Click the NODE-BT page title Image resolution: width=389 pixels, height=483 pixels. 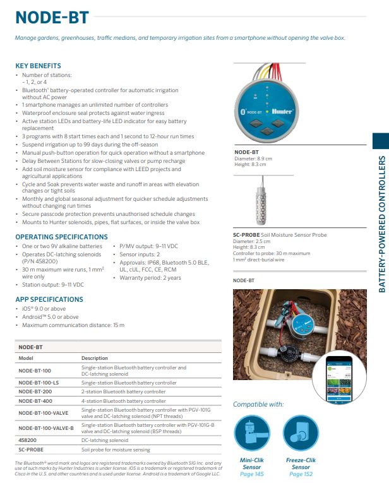tap(52, 16)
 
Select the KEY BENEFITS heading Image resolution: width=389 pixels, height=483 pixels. tap(38, 66)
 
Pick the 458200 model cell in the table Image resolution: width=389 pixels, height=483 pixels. tap(28, 440)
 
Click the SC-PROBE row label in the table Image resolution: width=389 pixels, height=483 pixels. tap(30, 450)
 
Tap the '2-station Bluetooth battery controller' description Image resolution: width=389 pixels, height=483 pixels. tap(123, 392)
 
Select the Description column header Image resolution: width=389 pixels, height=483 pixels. tap(95, 358)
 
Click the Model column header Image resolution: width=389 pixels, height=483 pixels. tap(26, 358)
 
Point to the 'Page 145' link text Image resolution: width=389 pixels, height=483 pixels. tap(252, 474)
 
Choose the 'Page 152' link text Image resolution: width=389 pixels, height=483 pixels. tap(301, 474)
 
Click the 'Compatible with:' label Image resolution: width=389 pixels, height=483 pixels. tap(258, 404)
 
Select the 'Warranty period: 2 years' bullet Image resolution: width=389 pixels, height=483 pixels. tap(150, 278)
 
